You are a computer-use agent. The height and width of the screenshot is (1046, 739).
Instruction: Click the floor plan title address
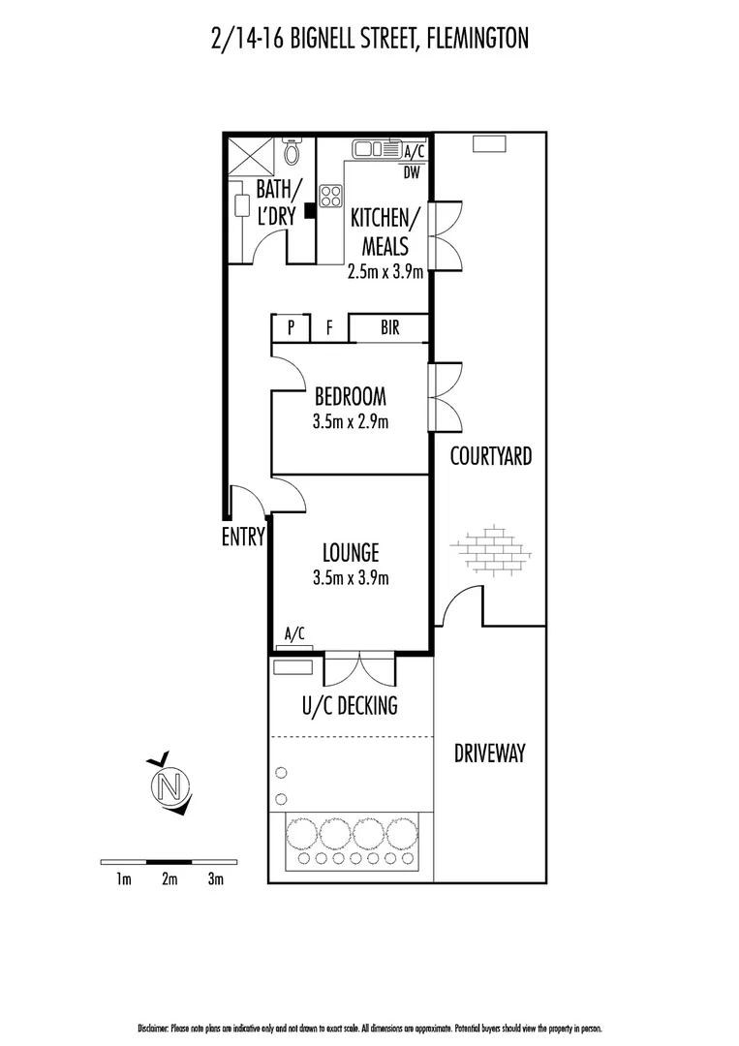[369, 39]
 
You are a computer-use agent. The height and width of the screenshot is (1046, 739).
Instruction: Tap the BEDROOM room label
[350, 396]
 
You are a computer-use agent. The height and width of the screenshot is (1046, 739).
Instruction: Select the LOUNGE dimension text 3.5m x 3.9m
[351, 578]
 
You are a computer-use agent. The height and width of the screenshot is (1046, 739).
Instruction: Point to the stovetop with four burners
[331, 196]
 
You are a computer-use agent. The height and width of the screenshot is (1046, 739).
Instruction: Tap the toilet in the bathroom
[293, 151]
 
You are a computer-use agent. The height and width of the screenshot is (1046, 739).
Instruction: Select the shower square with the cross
[247, 154]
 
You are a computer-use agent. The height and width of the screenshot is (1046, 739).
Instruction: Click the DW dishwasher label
[412, 174]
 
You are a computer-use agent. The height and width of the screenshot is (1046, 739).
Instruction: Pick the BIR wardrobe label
[389, 328]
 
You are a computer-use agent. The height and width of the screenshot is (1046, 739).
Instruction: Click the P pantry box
[291, 329]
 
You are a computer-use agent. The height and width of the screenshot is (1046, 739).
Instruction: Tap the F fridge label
[329, 329]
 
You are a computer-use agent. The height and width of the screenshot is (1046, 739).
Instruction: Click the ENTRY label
[243, 538]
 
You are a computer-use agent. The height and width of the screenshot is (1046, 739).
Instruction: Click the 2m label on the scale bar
[169, 879]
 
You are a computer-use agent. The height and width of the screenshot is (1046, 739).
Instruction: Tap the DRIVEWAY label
[489, 753]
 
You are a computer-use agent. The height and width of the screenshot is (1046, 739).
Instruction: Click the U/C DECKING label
[351, 705]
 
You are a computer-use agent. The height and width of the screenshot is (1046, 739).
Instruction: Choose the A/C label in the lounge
[293, 635]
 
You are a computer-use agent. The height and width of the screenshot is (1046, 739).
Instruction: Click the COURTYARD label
[490, 456]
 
